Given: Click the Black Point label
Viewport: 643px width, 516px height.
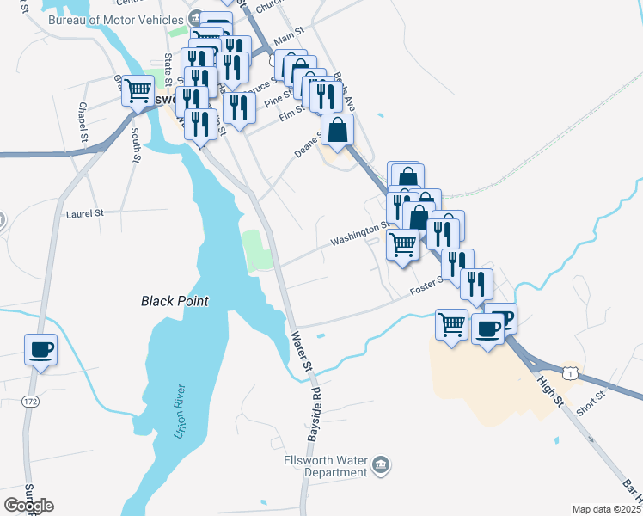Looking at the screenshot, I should (x=175, y=301).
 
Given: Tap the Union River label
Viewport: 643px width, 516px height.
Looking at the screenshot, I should (x=181, y=411).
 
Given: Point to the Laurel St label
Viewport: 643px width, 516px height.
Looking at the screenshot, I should (x=84, y=212).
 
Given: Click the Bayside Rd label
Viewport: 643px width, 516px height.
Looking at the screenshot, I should (x=315, y=419).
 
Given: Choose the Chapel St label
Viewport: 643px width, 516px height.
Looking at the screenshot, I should (x=83, y=121).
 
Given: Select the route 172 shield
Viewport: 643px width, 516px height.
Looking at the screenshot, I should (x=31, y=402).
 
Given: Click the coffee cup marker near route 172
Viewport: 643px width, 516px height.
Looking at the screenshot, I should (x=40, y=349).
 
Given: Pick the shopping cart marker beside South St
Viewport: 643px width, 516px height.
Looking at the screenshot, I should (x=138, y=89).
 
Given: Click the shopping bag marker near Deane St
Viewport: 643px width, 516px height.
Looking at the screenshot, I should (x=337, y=131).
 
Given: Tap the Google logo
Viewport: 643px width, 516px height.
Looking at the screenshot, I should (x=28, y=505).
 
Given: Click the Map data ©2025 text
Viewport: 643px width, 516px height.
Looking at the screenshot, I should (x=605, y=509).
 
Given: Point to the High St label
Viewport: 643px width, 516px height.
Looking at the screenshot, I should (x=550, y=390).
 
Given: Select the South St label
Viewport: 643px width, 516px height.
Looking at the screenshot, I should (x=136, y=146).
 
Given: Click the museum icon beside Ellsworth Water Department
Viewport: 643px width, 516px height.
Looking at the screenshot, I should (x=383, y=465).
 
